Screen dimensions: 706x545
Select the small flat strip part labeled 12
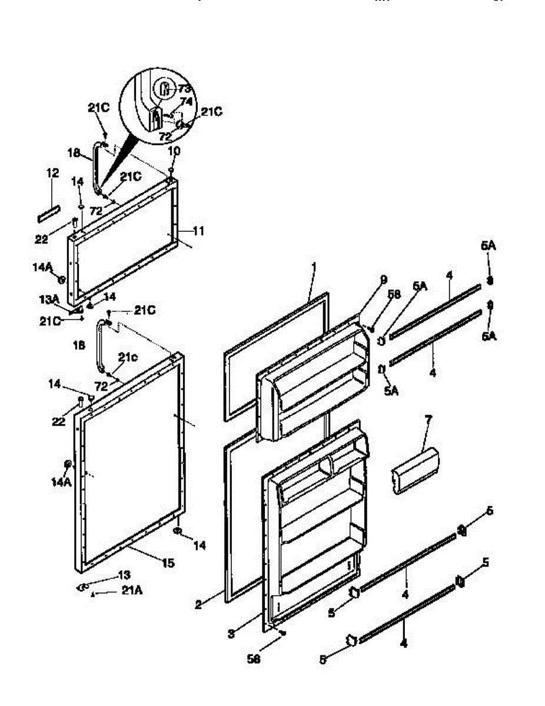[49, 214]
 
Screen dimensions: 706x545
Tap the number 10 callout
[175, 151]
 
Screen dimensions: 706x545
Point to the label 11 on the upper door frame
[198, 231]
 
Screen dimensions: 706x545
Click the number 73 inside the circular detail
[185, 88]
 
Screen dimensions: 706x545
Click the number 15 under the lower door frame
[168, 563]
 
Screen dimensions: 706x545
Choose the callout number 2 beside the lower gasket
[198, 604]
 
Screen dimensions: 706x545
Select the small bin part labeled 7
[415, 471]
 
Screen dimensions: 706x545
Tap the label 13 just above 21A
[124, 575]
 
